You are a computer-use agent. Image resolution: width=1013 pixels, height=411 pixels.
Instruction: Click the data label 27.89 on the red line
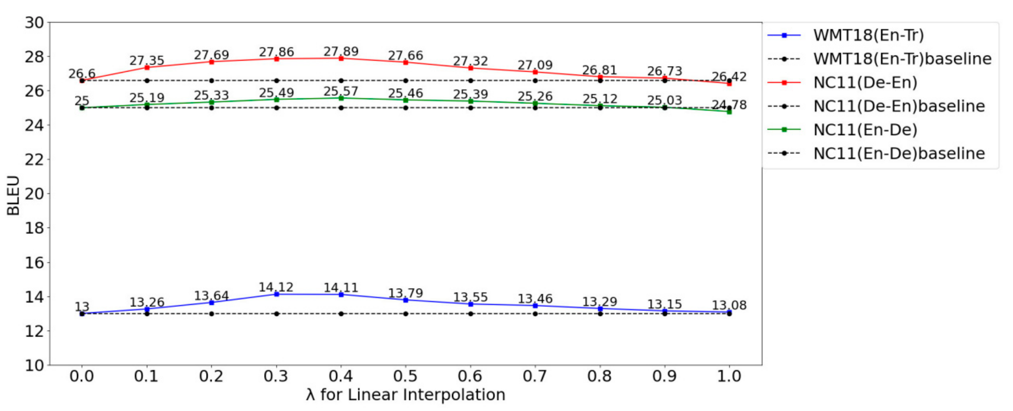[x=341, y=52]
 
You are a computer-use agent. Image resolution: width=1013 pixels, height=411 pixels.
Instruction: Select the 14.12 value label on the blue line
[x=276, y=287]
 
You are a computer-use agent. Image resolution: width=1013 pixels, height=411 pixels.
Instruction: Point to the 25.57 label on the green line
[x=341, y=92]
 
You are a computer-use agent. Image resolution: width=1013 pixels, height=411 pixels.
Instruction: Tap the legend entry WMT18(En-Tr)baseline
[x=902, y=59]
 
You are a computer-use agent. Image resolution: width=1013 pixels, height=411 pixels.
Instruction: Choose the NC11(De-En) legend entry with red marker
[x=865, y=82]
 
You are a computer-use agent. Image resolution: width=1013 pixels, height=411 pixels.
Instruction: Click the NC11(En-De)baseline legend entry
[x=899, y=153]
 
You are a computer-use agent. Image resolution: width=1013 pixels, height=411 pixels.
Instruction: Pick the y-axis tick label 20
[x=34, y=194]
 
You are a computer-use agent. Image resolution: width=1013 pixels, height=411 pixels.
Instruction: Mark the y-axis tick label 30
[x=34, y=23]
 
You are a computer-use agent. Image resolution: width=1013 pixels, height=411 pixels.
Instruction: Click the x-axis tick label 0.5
[x=405, y=376]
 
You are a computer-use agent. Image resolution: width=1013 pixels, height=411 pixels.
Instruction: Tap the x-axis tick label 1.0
[x=729, y=376]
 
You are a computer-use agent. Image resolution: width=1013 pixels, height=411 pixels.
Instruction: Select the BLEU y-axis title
[x=13, y=195]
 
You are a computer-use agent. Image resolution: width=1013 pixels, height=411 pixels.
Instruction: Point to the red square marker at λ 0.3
[x=277, y=59]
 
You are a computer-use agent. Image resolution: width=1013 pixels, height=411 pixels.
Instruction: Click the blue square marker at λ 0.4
[x=341, y=294]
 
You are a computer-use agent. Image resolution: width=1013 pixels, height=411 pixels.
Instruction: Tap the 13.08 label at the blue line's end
[x=729, y=305]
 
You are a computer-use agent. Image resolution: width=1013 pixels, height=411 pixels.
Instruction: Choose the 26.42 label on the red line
[x=729, y=77]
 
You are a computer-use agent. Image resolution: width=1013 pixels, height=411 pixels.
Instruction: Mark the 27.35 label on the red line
[x=147, y=61]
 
